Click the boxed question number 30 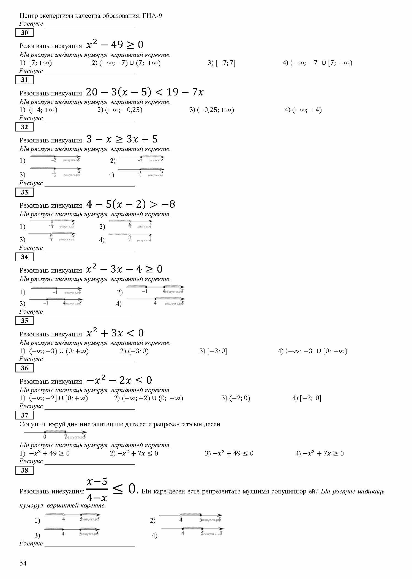pos(24,33)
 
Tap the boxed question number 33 pos(24,192)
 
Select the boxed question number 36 pos(24,368)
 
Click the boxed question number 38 pos(24,470)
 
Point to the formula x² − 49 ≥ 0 pos(115,45)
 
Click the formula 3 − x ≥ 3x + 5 pos(122,139)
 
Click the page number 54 pos(23,563)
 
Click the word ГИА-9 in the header pos(152,16)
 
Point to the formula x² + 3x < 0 pos(115,333)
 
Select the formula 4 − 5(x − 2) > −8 pos(130,204)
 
